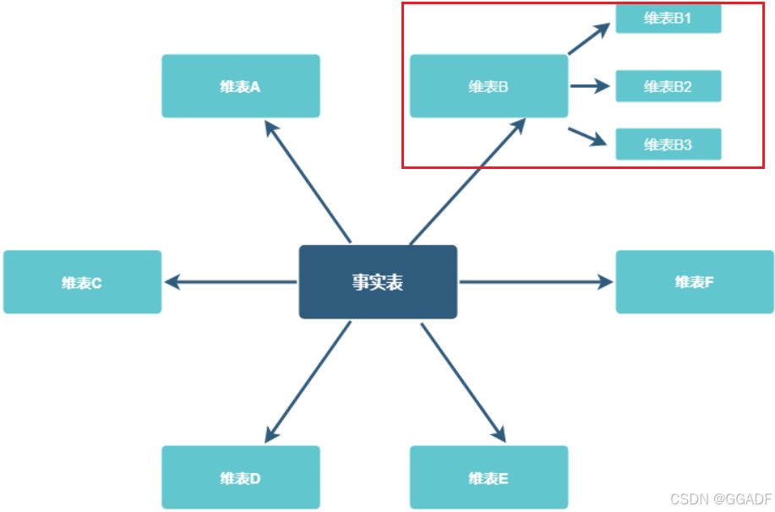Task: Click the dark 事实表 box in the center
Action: click(378, 282)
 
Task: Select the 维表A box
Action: click(241, 86)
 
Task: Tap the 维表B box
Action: click(488, 86)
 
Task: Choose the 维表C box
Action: click(82, 282)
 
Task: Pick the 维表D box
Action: click(241, 477)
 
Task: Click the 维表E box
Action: click(488, 477)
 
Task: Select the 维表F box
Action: click(695, 282)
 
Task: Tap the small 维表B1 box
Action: click(668, 19)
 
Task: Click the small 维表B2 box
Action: click(668, 86)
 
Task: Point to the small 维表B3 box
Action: click(668, 144)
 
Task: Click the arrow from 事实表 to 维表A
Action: click(308, 181)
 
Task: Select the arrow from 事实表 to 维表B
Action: click(467, 181)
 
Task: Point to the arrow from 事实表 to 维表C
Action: click(230, 282)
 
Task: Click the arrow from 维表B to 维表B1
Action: click(589, 40)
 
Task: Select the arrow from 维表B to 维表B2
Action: click(590, 85)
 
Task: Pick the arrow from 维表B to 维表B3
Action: click(588, 136)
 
